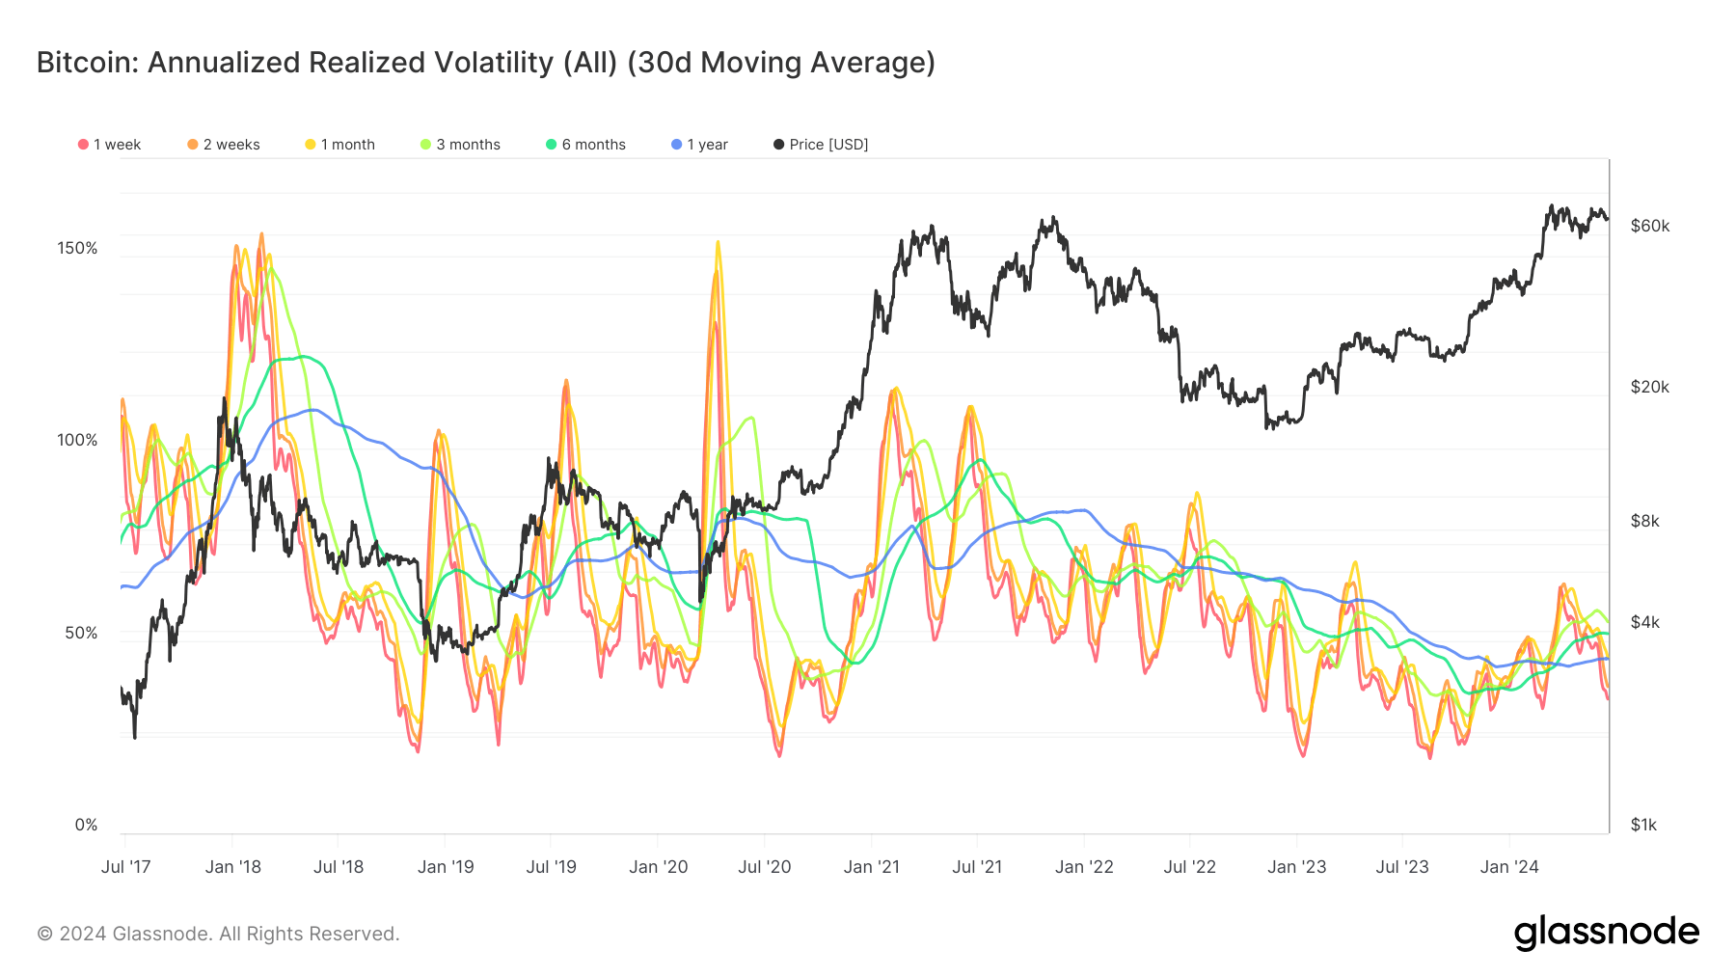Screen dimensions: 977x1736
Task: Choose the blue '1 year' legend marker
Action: [x=677, y=145]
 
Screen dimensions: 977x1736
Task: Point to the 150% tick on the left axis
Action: [x=77, y=248]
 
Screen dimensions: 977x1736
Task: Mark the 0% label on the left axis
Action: [x=86, y=825]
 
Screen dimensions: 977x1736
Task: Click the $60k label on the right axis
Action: [x=1649, y=226]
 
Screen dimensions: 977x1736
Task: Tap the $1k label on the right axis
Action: [x=1643, y=825]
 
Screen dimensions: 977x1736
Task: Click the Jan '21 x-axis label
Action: [x=871, y=867]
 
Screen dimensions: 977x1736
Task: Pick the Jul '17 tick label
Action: [x=125, y=867]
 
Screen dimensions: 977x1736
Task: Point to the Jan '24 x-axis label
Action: [x=1509, y=867]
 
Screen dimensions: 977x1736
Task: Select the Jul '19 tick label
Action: [x=551, y=867]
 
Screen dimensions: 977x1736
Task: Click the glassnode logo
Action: [x=1606, y=933]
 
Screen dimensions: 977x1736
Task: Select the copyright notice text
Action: [x=218, y=934]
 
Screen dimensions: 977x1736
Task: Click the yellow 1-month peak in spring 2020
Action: [x=718, y=244]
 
